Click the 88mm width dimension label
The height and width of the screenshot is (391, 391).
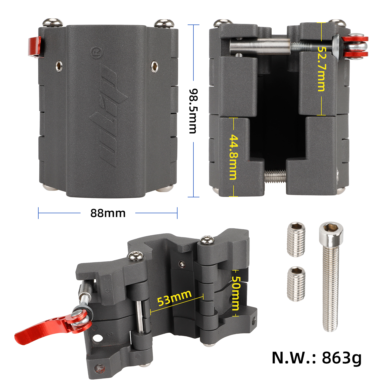click(x=108, y=213)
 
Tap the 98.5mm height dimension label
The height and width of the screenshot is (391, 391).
click(x=193, y=111)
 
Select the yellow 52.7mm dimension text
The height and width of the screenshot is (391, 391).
click(x=321, y=69)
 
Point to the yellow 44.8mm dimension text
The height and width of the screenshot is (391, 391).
click(x=234, y=157)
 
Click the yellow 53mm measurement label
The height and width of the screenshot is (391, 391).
click(x=174, y=298)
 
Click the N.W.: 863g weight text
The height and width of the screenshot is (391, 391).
click(x=316, y=358)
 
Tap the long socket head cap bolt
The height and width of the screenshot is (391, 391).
click(x=331, y=277)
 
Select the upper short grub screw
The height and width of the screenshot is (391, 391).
click(x=296, y=240)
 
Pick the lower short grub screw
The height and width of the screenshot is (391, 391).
click(x=296, y=284)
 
